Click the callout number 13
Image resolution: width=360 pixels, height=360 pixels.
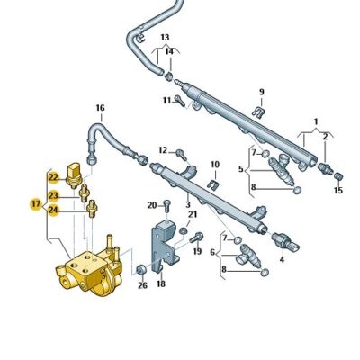click(x=165, y=38)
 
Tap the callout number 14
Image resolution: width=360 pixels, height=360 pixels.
click(x=168, y=52)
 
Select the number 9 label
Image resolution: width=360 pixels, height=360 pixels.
click(x=262, y=92)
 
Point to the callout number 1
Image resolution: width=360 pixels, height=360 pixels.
click(x=316, y=121)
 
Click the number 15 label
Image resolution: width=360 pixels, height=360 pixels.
click(x=337, y=190)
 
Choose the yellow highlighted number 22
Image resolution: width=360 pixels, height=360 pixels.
click(x=54, y=177)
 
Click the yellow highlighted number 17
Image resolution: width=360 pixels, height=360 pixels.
click(x=35, y=203)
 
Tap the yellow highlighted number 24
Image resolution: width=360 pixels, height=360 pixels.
click(x=54, y=211)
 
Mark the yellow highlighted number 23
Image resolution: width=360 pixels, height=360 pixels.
click(x=54, y=195)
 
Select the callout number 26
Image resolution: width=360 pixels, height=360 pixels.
click(x=142, y=286)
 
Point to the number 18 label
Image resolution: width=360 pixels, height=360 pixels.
click(x=161, y=283)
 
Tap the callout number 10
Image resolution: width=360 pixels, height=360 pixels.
click(x=215, y=165)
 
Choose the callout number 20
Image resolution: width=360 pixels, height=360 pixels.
click(x=152, y=204)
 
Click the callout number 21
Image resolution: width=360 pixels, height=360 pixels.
click(x=192, y=215)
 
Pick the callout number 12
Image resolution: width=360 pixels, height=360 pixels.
click(x=162, y=149)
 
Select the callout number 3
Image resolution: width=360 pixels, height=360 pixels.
click(x=188, y=205)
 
